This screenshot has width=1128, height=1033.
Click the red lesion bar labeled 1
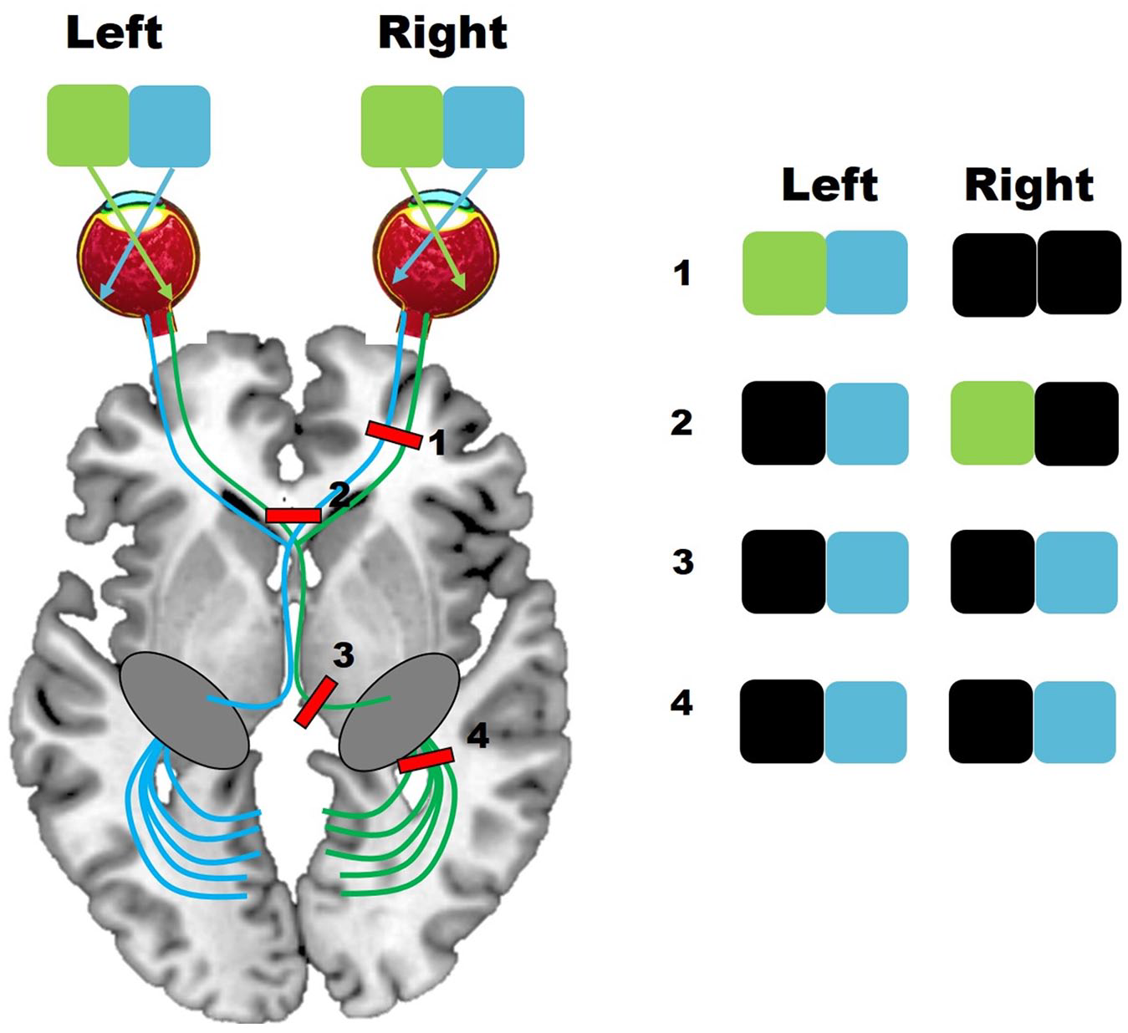click(x=394, y=435)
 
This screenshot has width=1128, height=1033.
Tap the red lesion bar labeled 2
click(x=293, y=516)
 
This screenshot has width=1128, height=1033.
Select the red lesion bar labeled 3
click(x=315, y=702)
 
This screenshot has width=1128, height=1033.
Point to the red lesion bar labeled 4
click(x=426, y=760)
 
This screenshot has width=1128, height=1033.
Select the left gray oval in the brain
click(x=185, y=710)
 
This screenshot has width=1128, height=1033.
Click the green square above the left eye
click(x=88, y=125)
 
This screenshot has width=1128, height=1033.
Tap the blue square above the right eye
click(x=483, y=126)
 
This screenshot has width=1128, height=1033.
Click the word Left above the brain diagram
click(x=115, y=33)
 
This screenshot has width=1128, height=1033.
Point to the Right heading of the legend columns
click(x=1029, y=186)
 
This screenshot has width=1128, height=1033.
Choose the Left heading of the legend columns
click(x=830, y=185)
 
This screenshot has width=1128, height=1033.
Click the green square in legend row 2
click(x=993, y=423)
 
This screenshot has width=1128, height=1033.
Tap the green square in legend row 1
click(x=784, y=272)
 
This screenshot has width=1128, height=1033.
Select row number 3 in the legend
click(x=682, y=562)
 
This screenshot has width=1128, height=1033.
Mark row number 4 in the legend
click(x=681, y=704)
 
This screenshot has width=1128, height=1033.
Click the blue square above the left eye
click(x=170, y=126)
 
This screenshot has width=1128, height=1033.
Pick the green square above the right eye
click(x=401, y=126)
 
